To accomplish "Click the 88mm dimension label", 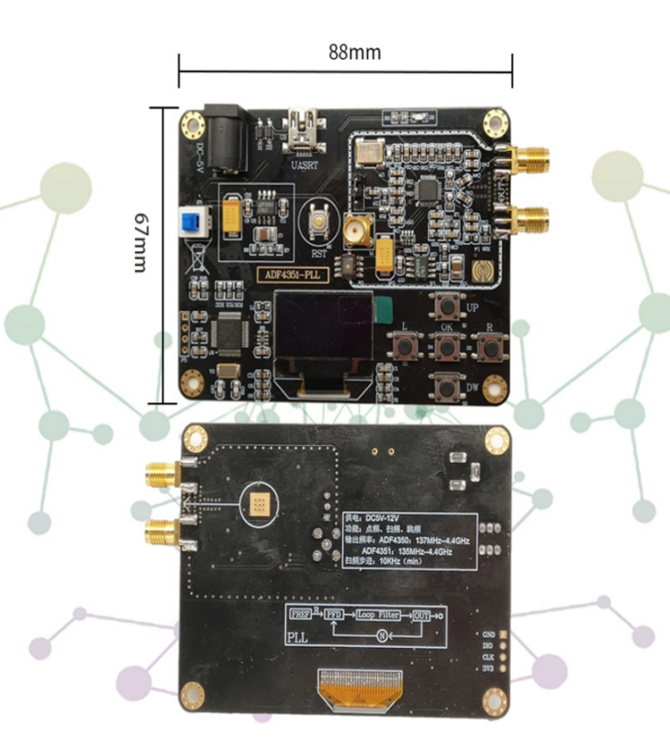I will tap(354, 52).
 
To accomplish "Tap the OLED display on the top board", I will tap(323, 331).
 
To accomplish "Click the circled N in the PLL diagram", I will tap(381, 635).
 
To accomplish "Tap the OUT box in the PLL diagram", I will tap(422, 615).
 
